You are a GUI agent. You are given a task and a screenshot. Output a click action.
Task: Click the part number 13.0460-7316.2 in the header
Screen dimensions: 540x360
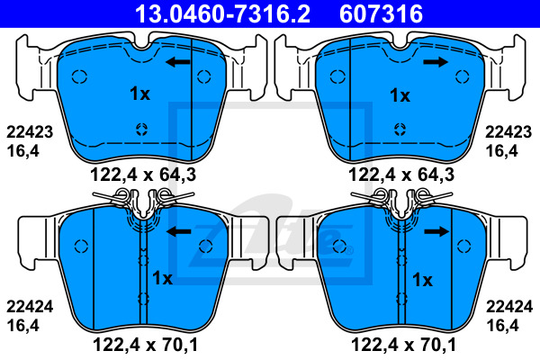(x=223, y=13)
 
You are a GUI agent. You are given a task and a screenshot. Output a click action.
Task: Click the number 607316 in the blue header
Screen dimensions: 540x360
(x=381, y=13)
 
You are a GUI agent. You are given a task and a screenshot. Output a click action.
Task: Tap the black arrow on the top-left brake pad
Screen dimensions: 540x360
(x=177, y=62)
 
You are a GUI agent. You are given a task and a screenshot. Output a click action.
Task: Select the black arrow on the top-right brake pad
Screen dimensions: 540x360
(x=436, y=62)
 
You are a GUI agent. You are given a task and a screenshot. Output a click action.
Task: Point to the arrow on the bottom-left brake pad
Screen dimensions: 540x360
(x=179, y=231)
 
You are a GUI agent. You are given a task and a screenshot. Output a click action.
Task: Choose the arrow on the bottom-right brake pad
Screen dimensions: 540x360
(x=436, y=231)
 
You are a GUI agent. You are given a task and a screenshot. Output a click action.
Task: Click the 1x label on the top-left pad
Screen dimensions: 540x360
(x=139, y=94)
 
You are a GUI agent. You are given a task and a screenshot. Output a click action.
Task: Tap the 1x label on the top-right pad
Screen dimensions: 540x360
(x=400, y=95)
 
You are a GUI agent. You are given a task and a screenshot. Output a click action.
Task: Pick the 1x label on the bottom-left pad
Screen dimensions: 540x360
(x=162, y=278)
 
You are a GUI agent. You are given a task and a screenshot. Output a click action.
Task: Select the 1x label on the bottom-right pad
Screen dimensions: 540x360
(x=422, y=280)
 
